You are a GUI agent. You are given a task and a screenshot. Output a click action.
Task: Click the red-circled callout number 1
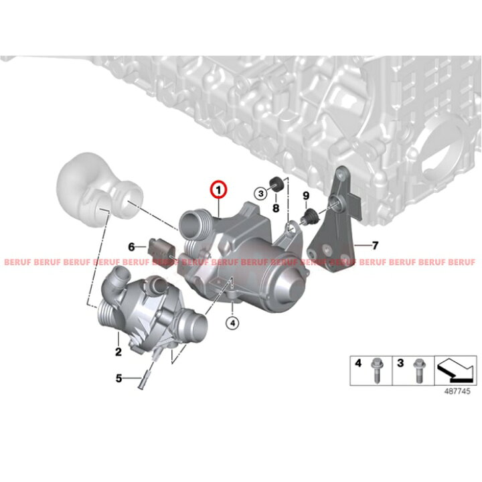(218, 190)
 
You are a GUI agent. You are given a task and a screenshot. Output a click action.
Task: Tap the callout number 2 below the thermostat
(118, 351)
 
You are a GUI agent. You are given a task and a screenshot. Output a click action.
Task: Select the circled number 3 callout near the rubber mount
(260, 193)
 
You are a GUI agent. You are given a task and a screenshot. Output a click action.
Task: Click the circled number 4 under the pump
(232, 323)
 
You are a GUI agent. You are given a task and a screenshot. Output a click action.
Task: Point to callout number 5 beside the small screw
(118, 378)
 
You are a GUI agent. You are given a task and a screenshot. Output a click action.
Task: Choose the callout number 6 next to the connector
(131, 246)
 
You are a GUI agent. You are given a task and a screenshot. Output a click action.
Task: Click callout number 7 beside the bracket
(375, 245)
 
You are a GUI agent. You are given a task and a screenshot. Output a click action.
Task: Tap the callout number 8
(276, 208)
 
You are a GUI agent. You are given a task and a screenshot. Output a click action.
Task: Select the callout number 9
(306, 195)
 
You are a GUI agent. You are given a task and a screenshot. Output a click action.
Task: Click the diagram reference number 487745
(457, 392)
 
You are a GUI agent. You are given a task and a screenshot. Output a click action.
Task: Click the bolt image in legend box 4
(376, 370)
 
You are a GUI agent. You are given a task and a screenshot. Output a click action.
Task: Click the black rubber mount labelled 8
(275, 184)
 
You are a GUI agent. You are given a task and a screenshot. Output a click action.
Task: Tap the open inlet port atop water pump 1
(191, 224)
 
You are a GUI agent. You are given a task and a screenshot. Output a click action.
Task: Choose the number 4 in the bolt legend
(358, 363)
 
